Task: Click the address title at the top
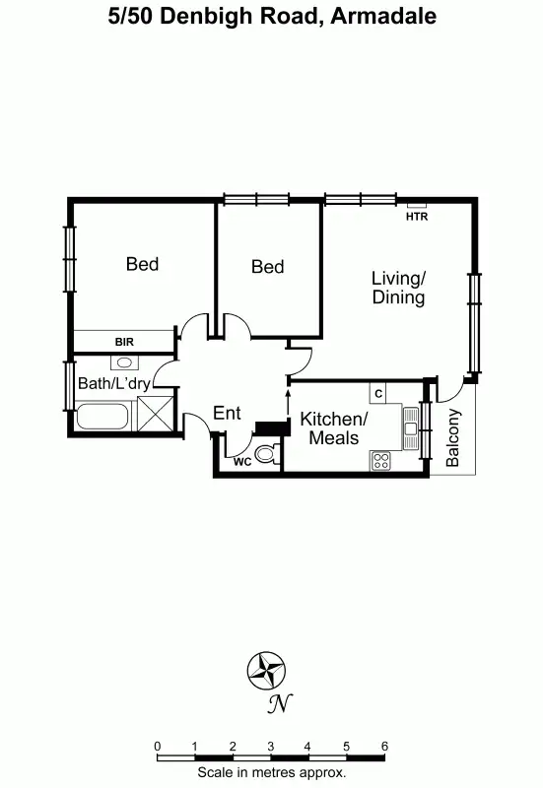pyautogui.click(x=271, y=17)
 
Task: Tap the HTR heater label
pyautogui.click(x=417, y=217)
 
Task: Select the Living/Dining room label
pyautogui.click(x=398, y=288)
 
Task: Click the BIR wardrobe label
pyautogui.click(x=123, y=342)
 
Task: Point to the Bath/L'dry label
pyautogui.click(x=113, y=383)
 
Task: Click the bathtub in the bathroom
pyautogui.click(x=103, y=417)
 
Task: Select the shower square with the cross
pyautogui.click(x=155, y=412)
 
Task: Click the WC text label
pyautogui.click(x=241, y=460)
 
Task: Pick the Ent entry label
pyautogui.click(x=227, y=414)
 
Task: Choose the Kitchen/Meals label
pyautogui.click(x=334, y=427)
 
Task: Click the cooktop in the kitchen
pyautogui.click(x=381, y=460)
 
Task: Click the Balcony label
pyautogui.click(x=453, y=437)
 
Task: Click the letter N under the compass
pyautogui.click(x=281, y=703)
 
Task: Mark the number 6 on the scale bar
pyautogui.click(x=384, y=746)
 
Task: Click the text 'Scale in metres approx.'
pyautogui.click(x=271, y=773)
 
